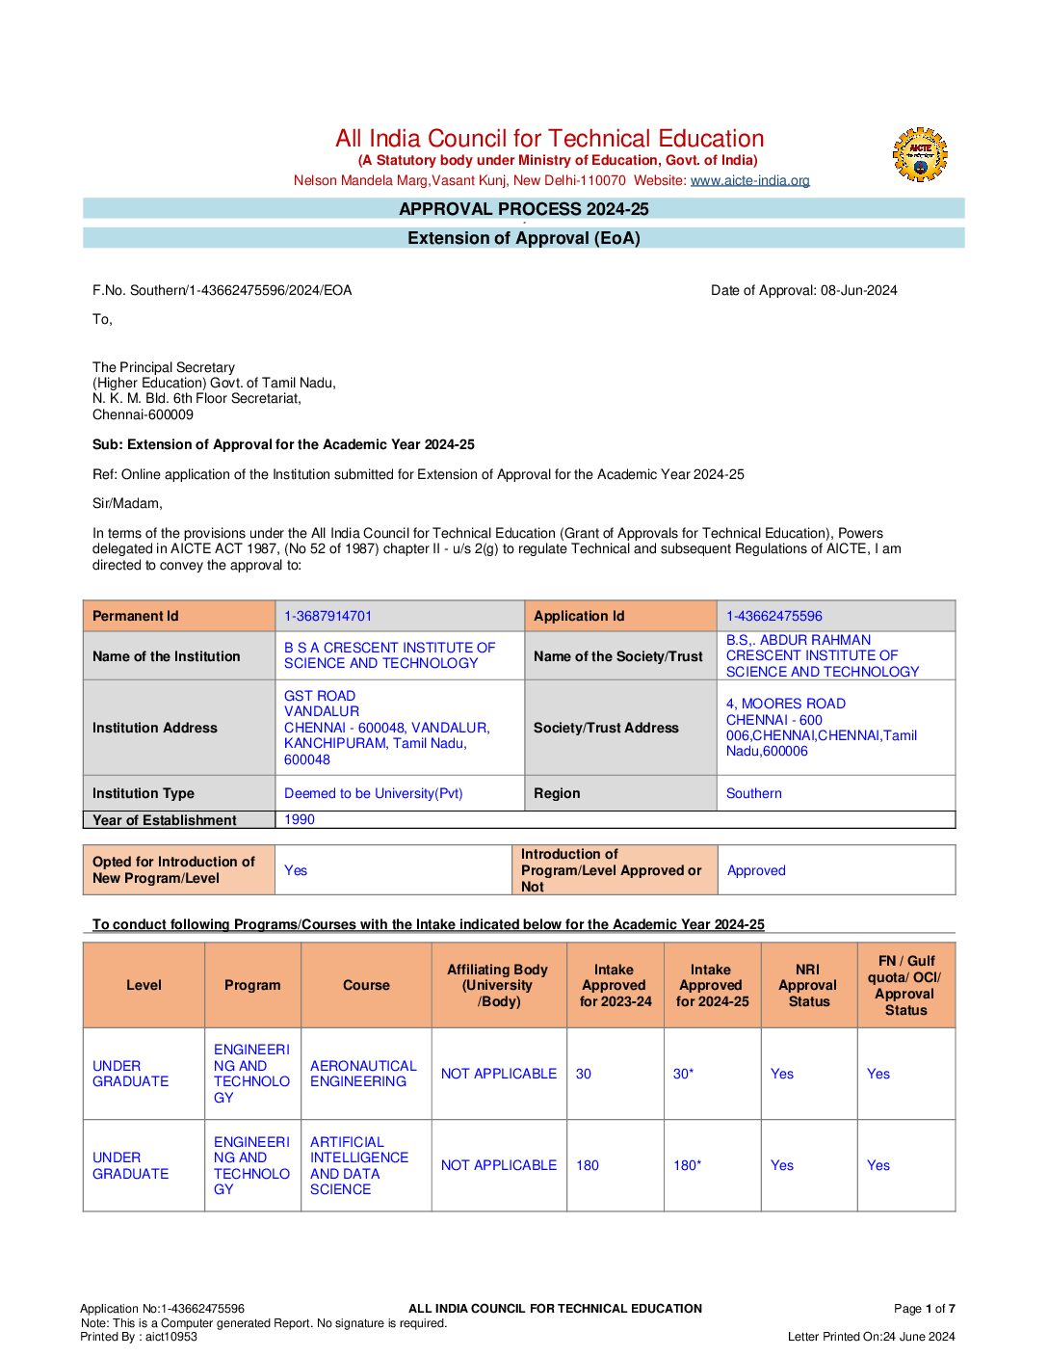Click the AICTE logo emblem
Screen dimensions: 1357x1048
920,155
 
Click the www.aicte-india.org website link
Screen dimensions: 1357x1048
749,180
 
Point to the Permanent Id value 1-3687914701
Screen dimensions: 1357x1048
327,616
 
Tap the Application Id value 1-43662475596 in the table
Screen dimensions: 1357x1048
773,616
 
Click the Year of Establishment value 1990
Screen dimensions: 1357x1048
300,819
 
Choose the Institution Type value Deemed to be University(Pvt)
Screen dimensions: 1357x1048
373,793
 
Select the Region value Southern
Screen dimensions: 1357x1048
753,793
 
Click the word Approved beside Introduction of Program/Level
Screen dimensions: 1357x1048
756,870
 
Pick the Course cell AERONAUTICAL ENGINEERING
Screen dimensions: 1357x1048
363,1074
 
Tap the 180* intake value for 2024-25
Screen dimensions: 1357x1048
687,1165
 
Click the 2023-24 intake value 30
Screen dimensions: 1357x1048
584,1074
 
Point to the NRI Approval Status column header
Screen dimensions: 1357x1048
808,985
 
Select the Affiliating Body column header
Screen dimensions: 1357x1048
498,985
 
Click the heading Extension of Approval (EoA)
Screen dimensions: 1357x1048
523,238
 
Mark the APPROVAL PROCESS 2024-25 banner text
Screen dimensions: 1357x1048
523,209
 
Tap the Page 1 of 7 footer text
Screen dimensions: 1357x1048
924,1308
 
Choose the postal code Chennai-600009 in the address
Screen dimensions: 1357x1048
143,414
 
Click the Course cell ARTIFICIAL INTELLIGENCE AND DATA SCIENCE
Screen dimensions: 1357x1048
358,1165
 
